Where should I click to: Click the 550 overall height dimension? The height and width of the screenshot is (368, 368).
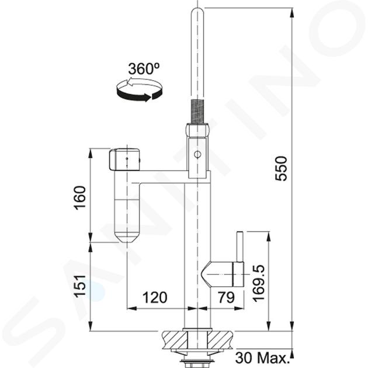tap(282, 168)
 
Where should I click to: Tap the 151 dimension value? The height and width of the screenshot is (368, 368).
tap(80, 286)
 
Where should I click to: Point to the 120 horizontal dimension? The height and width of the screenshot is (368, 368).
tap(155, 297)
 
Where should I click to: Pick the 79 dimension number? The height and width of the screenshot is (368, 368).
tap(226, 297)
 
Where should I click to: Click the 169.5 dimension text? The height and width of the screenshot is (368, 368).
tap(259, 283)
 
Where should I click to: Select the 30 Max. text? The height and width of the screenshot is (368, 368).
tap(262, 357)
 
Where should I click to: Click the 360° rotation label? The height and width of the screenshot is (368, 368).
tap(144, 68)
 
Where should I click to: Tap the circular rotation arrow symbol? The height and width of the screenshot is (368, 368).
tap(140, 90)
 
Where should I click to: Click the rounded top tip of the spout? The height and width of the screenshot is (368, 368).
tap(197, 11)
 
